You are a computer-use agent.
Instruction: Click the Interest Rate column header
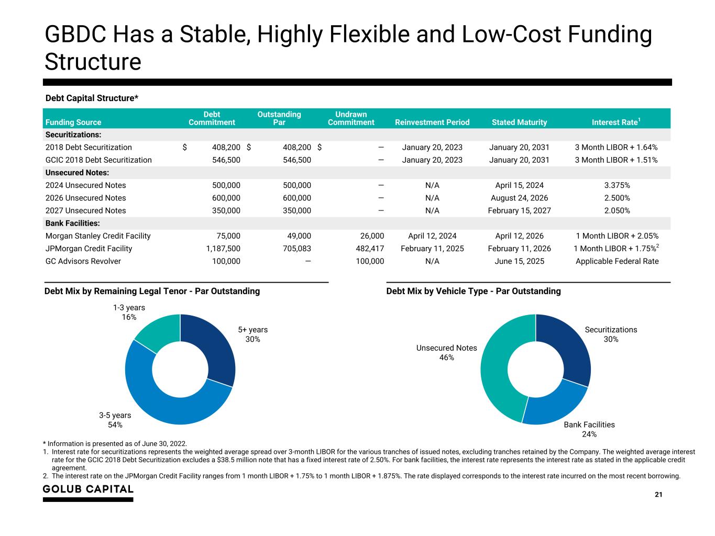[615, 122]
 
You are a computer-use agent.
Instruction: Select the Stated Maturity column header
[519, 122]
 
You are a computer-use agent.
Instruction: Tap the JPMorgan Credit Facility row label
[89, 249]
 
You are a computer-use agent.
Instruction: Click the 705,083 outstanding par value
[296, 249]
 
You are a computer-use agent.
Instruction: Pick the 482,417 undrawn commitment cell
[370, 249]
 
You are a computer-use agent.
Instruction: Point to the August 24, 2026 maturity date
[519, 198]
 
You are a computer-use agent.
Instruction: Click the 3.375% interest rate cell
[617, 185]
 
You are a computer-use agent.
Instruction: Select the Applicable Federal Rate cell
[617, 261]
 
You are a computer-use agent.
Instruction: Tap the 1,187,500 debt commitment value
[223, 249]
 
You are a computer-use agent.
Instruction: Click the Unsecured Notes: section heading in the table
[77, 173]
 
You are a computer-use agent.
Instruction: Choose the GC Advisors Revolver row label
[83, 261]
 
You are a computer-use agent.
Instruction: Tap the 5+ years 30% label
[252, 334]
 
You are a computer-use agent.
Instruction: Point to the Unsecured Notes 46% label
[446, 352]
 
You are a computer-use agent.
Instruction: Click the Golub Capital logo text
[88, 489]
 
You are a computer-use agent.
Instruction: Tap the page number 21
[658, 494]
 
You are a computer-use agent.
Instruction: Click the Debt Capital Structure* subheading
[92, 98]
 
